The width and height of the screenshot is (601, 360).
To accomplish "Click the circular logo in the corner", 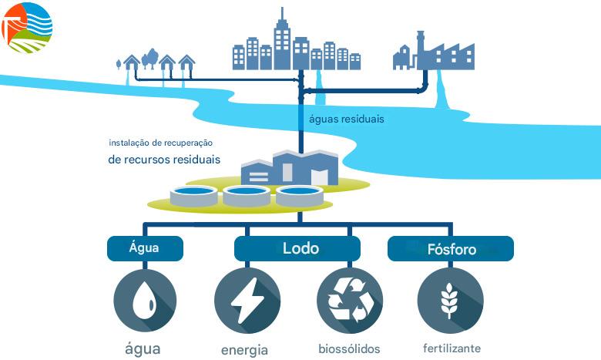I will (x=28, y=27).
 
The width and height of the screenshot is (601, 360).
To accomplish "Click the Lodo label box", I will (x=297, y=248).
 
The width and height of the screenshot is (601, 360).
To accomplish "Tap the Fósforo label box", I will (x=451, y=249).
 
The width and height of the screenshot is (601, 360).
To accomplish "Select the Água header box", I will (x=145, y=248).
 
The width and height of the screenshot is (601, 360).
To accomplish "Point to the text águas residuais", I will (x=346, y=119).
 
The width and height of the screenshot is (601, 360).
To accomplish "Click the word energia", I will (x=244, y=350).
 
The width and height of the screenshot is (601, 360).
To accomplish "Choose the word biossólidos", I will (x=349, y=348).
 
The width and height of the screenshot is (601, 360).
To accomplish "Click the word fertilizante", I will (x=452, y=348).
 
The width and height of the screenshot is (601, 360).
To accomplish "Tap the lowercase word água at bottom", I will (x=143, y=348).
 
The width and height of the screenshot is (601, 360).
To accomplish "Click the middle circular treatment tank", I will (x=247, y=194).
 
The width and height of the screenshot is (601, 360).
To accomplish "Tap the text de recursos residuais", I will (x=164, y=160).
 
